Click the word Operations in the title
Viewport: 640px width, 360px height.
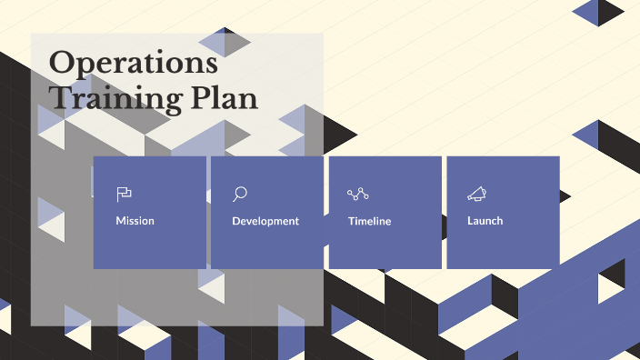tap(133, 64)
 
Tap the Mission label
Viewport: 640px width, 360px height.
tap(135, 221)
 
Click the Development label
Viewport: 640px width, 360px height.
tap(265, 221)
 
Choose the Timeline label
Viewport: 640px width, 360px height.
tap(369, 221)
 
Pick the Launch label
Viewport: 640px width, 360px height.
tap(485, 221)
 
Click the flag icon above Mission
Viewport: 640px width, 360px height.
tap(125, 194)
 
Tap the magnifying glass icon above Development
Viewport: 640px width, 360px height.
tap(240, 194)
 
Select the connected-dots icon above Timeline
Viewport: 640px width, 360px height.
tap(358, 194)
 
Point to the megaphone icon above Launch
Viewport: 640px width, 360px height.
tap(476, 194)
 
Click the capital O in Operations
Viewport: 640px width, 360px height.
tap(62, 64)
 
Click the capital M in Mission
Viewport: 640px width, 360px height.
tap(121, 221)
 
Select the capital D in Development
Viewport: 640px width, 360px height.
tap(236, 221)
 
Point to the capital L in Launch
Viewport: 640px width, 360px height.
tap(470, 221)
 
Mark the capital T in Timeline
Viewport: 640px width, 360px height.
tap(352, 221)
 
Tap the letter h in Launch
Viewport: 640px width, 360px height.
tap(499, 221)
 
